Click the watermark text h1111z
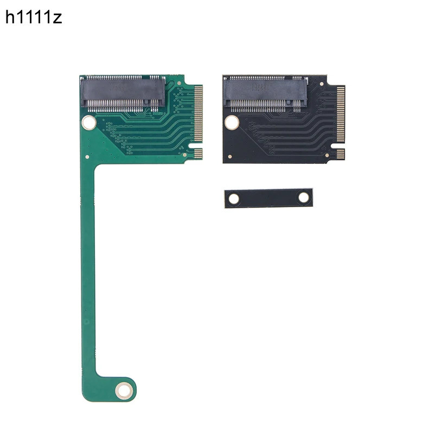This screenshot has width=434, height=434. coord(34,18)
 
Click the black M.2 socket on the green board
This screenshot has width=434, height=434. coord(123,93)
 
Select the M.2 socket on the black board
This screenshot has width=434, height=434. coord(265,91)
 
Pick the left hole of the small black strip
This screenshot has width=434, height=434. coord(234,199)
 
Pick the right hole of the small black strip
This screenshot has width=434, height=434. coord(304,197)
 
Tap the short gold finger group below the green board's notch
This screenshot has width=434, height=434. coord(198,154)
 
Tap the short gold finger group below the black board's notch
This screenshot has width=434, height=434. coord(340,154)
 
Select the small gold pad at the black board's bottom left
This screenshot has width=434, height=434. coord(230,157)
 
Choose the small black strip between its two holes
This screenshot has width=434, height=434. coord(269,198)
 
